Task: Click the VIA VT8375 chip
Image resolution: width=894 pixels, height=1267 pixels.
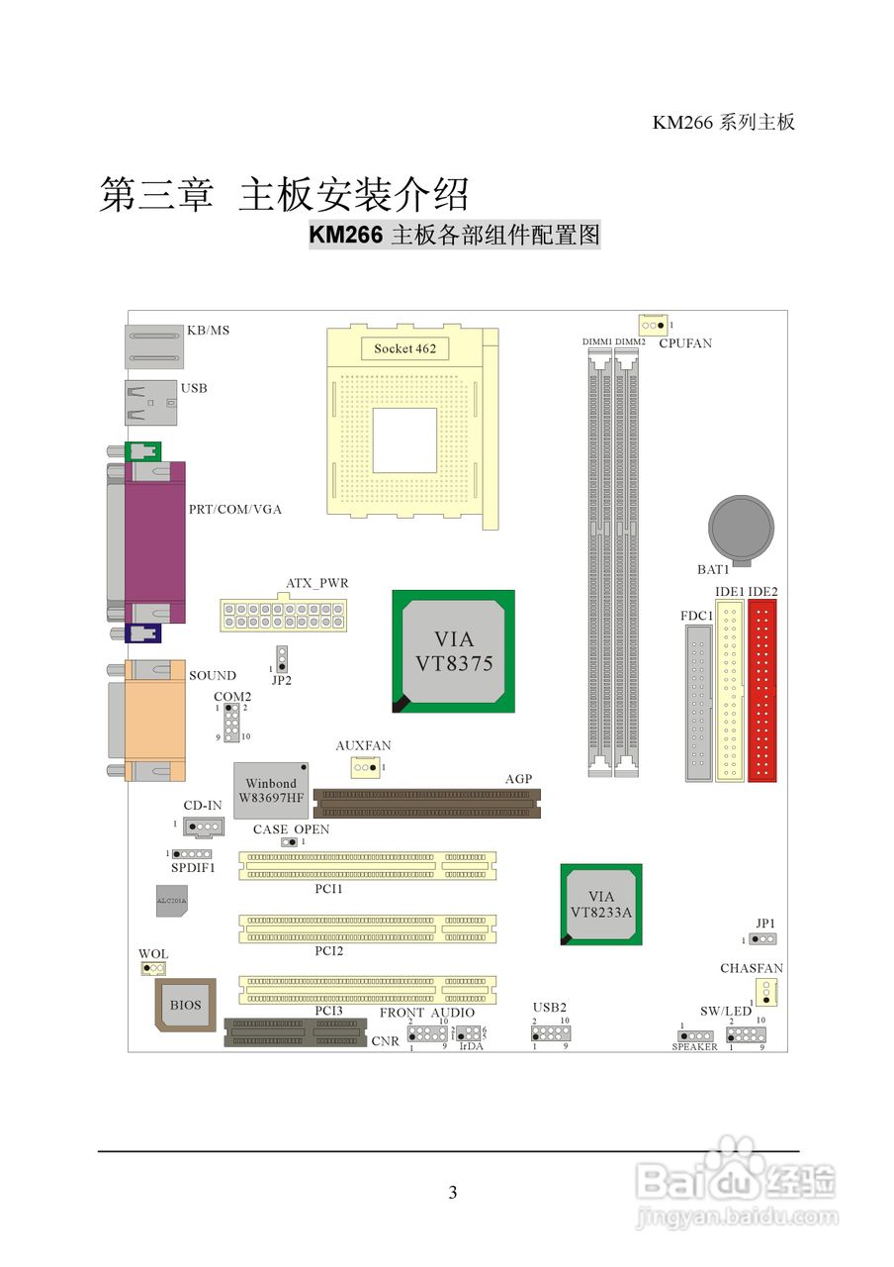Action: pos(453,650)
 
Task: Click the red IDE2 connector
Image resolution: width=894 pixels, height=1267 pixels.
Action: pos(762,691)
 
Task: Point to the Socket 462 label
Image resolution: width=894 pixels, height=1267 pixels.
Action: pos(404,348)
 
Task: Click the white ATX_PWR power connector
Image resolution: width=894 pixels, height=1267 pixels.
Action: pos(283,614)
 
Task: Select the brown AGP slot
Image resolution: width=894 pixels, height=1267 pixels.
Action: pos(428,802)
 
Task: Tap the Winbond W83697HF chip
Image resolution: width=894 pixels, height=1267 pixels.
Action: pos(271,789)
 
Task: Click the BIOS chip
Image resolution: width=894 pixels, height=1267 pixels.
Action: pos(185,1005)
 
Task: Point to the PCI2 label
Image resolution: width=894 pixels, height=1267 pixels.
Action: pos(329,951)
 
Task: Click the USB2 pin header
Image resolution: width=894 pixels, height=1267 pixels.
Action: pos(551,1032)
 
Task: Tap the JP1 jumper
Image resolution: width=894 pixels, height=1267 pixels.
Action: pos(762,938)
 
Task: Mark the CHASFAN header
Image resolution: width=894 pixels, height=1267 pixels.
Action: pos(766,991)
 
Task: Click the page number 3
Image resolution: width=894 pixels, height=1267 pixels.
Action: pos(453,1193)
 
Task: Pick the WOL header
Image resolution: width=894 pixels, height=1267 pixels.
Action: pos(152,968)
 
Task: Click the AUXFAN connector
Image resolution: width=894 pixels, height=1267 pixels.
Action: pos(365,767)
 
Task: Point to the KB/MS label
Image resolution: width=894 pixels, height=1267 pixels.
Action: pos(208,331)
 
